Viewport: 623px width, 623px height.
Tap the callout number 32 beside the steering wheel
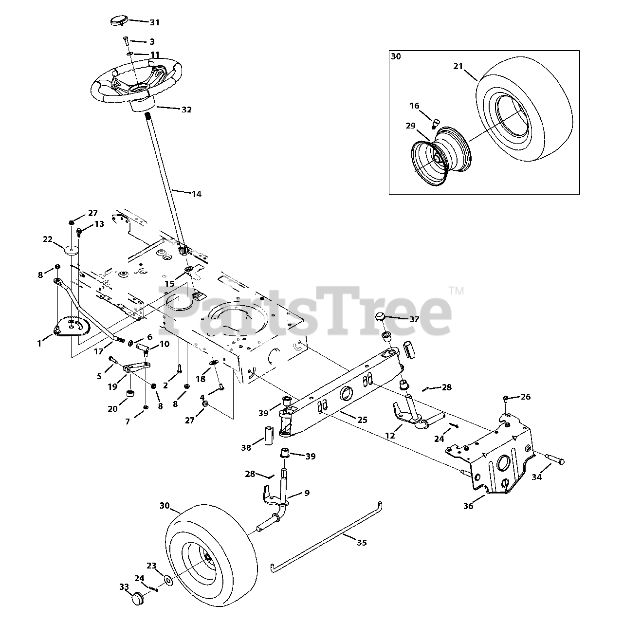pos(186,110)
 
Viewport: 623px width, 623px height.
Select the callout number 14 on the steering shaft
pos(196,194)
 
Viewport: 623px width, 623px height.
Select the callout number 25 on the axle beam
pos(362,420)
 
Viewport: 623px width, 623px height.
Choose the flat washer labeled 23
pos(168,580)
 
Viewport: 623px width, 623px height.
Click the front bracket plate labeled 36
pos(492,458)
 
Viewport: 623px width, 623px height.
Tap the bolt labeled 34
pos(555,458)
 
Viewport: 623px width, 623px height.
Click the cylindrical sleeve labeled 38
pos(269,434)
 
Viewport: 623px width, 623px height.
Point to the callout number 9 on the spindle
pos(307,493)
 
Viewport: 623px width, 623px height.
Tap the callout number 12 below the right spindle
pos(390,436)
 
